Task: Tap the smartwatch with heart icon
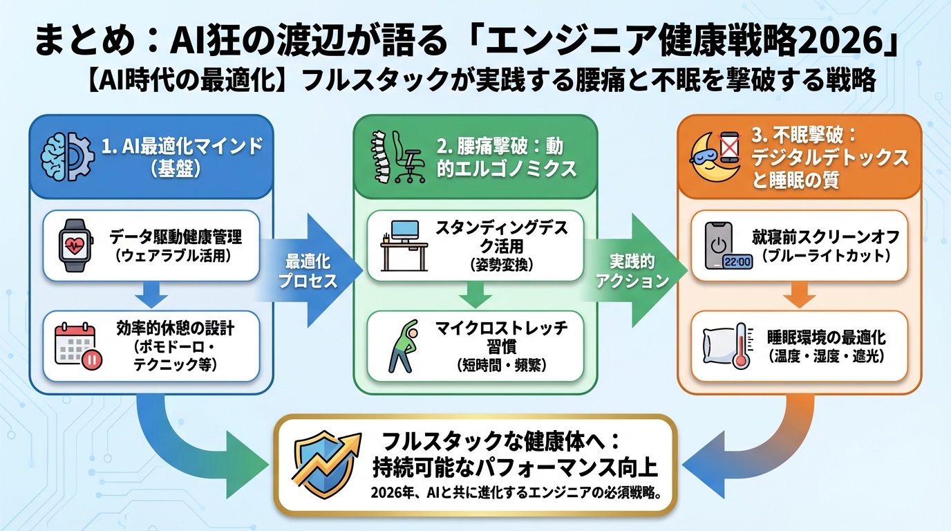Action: pyautogui.click(x=75, y=246)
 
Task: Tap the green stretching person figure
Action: pyautogui.click(x=401, y=345)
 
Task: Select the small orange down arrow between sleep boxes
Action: pyautogui.click(x=799, y=297)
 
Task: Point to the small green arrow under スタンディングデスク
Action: pyautogui.click(x=474, y=296)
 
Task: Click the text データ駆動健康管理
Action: pyautogui.click(x=176, y=239)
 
